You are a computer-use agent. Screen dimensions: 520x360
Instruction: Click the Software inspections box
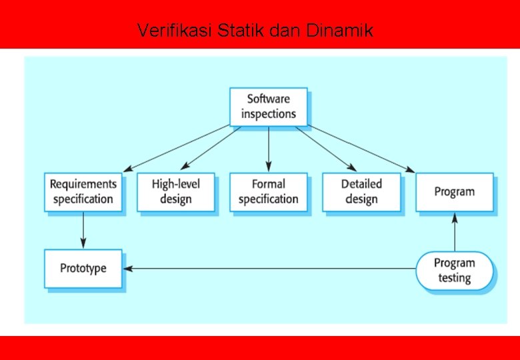point(269,107)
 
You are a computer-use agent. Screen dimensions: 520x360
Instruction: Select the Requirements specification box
point(83,192)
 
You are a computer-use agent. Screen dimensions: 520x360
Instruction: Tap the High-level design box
point(176,192)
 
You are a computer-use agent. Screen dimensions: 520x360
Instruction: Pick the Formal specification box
point(269,192)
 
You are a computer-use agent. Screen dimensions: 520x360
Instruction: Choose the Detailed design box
point(361,192)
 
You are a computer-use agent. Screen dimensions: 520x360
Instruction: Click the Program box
point(455,192)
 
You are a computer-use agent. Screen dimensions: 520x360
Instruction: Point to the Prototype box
point(83,269)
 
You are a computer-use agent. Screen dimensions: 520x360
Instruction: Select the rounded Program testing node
point(455,271)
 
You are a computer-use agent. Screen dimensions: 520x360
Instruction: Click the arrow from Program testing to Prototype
point(267,269)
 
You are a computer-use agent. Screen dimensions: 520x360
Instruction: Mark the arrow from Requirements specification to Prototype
point(83,230)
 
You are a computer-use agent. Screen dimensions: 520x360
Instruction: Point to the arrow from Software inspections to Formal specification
point(269,148)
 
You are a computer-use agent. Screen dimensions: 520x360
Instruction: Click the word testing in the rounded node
point(455,278)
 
